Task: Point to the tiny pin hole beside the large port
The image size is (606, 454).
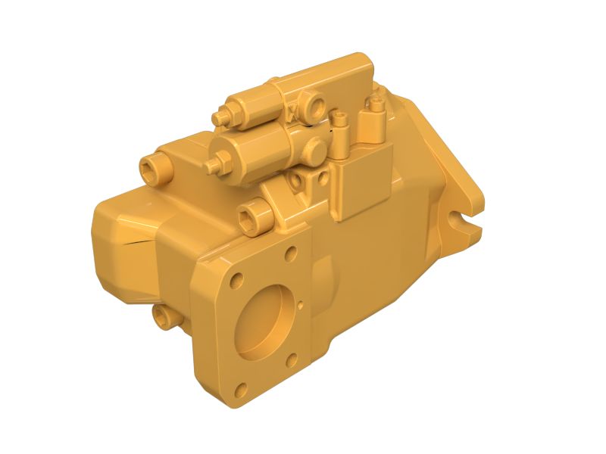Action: coord(301,306)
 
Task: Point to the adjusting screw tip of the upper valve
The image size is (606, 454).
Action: coord(220,118)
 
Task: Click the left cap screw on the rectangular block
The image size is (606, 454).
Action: coord(341,120)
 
